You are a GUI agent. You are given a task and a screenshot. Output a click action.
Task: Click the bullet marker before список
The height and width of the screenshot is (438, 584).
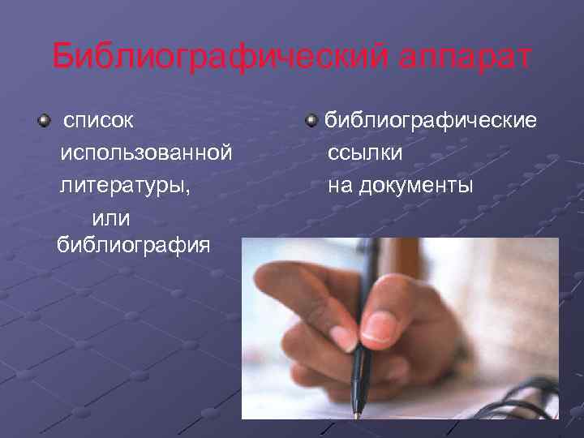(x=42, y=122)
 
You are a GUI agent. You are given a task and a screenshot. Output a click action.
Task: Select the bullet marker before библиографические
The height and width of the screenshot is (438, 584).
(x=311, y=122)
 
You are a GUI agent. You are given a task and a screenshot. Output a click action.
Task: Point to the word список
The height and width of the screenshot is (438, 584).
(x=99, y=122)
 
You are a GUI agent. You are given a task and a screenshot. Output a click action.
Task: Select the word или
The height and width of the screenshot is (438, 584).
(x=113, y=217)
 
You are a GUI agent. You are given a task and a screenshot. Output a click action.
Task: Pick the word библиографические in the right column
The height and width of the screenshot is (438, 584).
(x=430, y=122)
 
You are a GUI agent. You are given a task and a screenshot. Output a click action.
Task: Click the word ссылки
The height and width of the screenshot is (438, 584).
(x=364, y=152)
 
